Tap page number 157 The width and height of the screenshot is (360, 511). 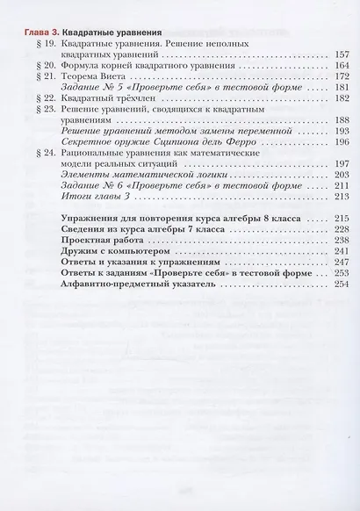[342, 54]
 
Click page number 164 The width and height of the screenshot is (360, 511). [342, 66]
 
